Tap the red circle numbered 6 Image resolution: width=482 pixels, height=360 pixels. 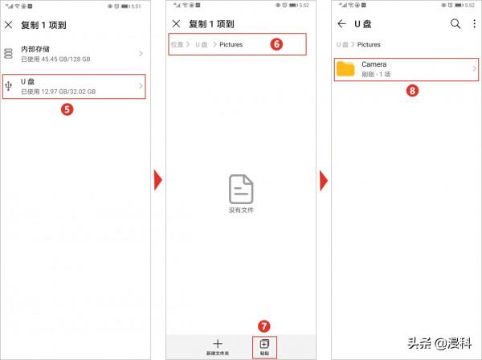pyautogui.click(x=276, y=44)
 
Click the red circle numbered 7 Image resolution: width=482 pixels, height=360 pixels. pyautogui.click(x=264, y=325)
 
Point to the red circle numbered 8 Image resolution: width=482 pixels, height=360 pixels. pyautogui.click(x=412, y=91)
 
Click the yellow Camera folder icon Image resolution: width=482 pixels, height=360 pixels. pyautogui.click(x=346, y=68)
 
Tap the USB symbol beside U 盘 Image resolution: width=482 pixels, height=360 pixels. pyautogui.click(x=9, y=86)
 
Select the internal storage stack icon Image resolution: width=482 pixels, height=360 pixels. pyautogui.click(x=9, y=54)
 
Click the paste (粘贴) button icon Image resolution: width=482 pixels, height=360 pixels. pyautogui.click(x=264, y=343)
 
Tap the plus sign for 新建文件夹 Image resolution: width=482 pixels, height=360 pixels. pyautogui.click(x=217, y=343)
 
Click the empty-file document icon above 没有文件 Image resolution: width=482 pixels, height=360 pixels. pyautogui.click(x=241, y=188)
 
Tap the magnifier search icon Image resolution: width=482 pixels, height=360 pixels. pyautogui.click(x=455, y=24)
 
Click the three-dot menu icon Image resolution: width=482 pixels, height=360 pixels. pyautogui.click(x=474, y=24)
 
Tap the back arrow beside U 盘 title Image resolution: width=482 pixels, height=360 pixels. pyautogui.click(x=341, y=24)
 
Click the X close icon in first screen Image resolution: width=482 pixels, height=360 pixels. pyautogui.click(x=9, y=25)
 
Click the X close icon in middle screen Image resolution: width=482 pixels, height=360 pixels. pyautogui.click(x=176, y=25)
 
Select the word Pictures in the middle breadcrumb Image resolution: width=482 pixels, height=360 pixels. pyautogui.click(x=231, y=44)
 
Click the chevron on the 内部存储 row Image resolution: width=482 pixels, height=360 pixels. pyautogui.click(x=141, y=54)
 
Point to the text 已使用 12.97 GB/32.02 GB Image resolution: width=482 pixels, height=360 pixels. pyautogui.click(x=58, y=92)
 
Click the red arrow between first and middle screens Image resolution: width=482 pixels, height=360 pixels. pyautogui.click(x=157, y=180)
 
